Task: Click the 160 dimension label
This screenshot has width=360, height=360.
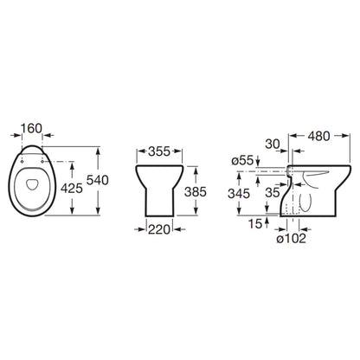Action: (31, 128)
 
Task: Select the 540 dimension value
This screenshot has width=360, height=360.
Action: (98, 180)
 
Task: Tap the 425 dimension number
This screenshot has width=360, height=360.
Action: (72, 189)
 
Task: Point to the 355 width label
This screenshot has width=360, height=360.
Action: (159, 151)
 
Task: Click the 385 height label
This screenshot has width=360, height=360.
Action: (196, 192)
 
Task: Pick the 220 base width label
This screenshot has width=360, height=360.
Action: (159, 229)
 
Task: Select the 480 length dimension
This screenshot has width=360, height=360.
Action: (318, 136)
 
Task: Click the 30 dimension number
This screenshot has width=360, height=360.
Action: (273, 145)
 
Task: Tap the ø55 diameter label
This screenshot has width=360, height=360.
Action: (242, 160)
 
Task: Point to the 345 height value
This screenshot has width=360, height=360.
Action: (239, 194)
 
